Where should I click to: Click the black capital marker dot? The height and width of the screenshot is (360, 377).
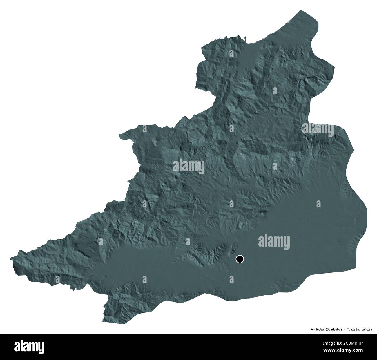[240, 258]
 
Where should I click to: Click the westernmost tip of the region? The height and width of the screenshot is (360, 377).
[11, 258]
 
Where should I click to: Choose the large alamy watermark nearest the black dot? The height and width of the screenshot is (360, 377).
[274, 241]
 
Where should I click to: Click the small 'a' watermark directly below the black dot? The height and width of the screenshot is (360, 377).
[231, 279]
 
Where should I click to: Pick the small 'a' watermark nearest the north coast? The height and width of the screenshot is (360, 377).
[232, 53]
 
